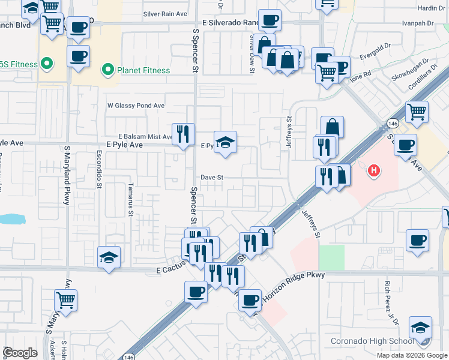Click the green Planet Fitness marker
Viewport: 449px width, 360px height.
point(108,70)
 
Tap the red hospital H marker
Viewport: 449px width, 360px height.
point(374,171)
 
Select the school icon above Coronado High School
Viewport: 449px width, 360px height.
point(420,328)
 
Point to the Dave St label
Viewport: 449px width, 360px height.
point(212,178)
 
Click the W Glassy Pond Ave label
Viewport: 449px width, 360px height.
point(136,106)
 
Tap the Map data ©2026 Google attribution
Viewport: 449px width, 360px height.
point(412,355)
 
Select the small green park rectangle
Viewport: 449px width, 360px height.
point(331,257)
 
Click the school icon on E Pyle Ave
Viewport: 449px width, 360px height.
point(226,142)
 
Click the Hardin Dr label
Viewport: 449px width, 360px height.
point(432,8)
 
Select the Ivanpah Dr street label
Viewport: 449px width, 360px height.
point(419,23)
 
